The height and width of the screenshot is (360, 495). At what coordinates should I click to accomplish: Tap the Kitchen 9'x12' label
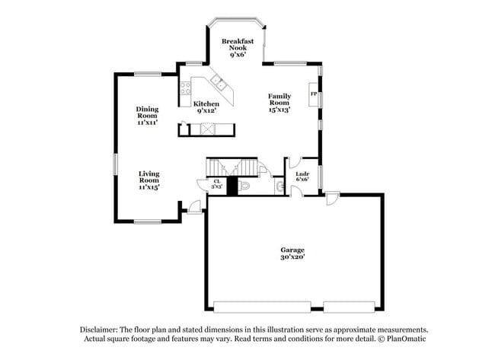pyautogui.click(x=206, y=107)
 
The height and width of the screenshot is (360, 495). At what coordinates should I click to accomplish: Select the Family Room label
pyautogui.click(x=279, y=103)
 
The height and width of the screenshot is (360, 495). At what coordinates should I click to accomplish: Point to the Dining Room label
pyautogui.click(x=148, y=115)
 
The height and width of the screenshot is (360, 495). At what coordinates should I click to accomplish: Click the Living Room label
pyautogui.click(x=148, y=180)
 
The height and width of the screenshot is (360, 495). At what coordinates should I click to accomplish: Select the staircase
pyautogui.click(x=228, y=167)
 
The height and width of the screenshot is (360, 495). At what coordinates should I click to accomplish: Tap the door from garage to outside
pyautogui.click(x=332, y=199)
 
